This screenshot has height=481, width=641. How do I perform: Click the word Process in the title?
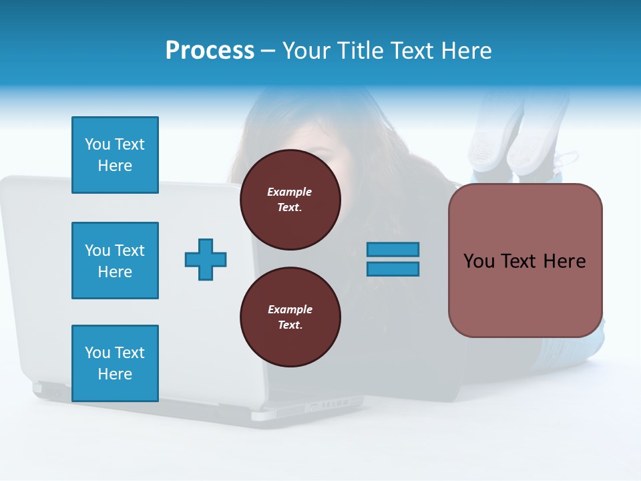coord(210,51)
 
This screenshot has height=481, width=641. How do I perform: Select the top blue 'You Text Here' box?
coord(115,155)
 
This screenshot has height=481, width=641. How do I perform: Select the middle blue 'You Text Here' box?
coord(115,261)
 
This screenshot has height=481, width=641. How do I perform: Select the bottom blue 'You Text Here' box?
coord(115,363)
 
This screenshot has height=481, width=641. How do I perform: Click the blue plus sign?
coord(206,259)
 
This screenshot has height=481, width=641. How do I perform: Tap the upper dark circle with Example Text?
coord(290,200)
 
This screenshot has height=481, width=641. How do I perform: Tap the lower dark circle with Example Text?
coord(290,317)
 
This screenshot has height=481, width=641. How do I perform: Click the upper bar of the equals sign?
coord(393,249)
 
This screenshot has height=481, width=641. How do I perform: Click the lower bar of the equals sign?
coord(393,269)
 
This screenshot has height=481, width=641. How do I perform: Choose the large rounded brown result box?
coord(525,261)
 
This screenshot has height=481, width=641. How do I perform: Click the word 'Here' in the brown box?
coord(564,261)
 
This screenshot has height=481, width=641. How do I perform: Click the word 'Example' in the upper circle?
coord(290,192)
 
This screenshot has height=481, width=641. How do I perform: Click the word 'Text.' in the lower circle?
coord(290,325)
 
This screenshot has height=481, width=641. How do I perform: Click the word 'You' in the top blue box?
coord(97,144)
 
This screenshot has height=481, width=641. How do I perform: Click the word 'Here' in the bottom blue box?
coord(115,374)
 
